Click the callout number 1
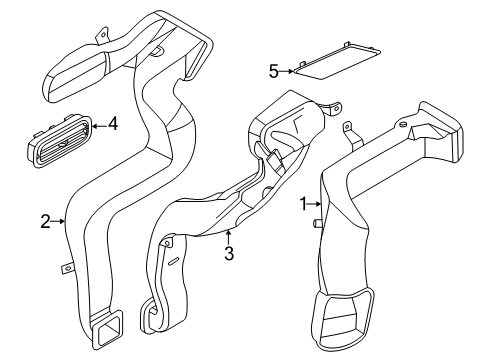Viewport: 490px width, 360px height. coord(304,204)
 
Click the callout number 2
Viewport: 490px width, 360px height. coord(46,221)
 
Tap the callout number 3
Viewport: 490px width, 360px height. coord(229,253)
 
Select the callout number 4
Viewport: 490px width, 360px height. coord(113,124)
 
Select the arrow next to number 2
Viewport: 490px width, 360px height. coord(60,221)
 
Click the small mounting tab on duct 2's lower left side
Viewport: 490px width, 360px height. coord(67,266)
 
